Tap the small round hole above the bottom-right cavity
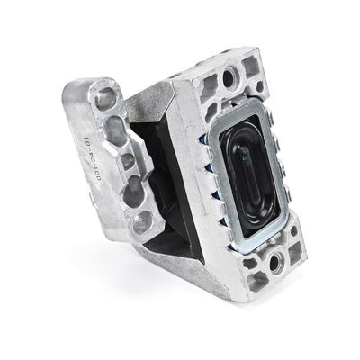point(293,236)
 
